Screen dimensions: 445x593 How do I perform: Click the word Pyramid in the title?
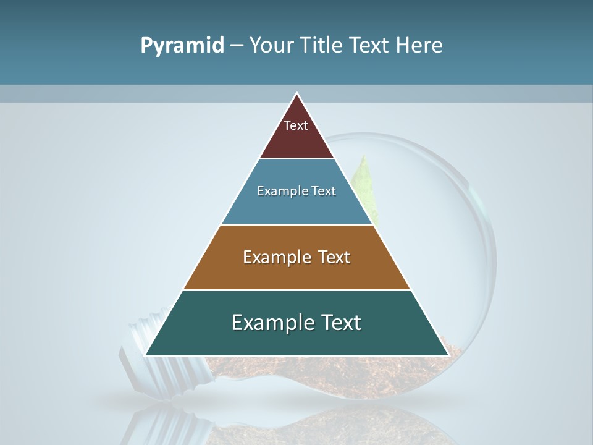(x=182, y=46)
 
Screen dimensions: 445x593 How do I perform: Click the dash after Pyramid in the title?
(x=237, y=46)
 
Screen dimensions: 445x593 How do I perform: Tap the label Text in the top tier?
(x=296, y=125)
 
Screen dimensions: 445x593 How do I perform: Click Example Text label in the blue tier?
(x=296, y=191)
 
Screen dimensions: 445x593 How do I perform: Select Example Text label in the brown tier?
(x=296, y=257)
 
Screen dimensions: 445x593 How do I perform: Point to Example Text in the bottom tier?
(x=296, y=323)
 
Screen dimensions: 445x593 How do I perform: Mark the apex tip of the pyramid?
(x=297, y=94)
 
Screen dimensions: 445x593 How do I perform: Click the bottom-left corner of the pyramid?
(x=146, y=355)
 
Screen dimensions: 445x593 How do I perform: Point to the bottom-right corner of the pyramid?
(x=448, y=355)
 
